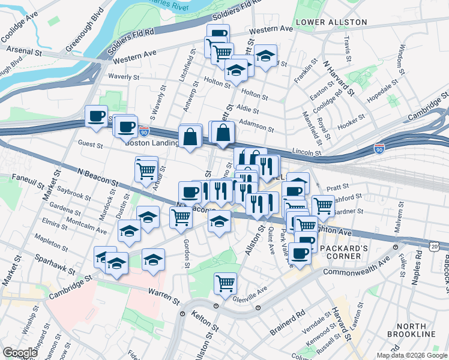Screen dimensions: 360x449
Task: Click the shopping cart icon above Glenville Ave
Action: tap(225, 282)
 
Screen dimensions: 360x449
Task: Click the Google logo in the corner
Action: tap(20, 352)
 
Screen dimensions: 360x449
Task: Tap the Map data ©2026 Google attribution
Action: tap(412, 355)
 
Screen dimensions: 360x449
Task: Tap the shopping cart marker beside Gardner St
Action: tap(323, 205)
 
